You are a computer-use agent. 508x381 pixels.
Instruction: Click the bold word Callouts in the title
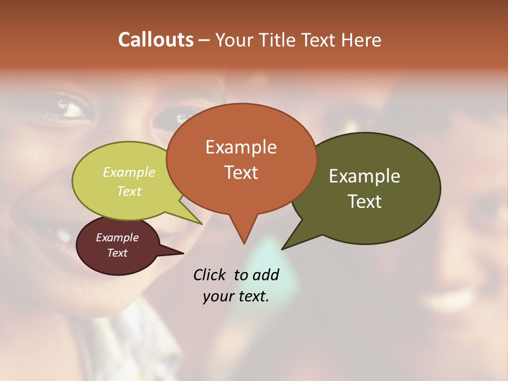tap(156, 40)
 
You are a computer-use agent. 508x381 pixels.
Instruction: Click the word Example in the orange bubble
tap(241, 147)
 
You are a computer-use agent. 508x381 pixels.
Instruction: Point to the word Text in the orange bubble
tap(241, 173)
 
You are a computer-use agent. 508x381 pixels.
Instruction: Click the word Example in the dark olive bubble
tap(365, 176)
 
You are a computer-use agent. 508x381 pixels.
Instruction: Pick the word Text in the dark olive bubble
tap(365, 202)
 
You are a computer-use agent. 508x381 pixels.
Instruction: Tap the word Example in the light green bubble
tap(129, 173)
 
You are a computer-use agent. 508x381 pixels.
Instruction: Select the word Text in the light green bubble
tap(129, 191)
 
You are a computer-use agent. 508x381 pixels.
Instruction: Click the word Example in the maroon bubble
tap(117, 238)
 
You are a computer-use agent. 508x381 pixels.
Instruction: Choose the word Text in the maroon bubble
tap(117, 253)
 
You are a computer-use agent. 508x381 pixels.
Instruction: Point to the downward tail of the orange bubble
tap(244, 235)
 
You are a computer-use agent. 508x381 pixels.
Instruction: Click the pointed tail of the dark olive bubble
tap(289, 244)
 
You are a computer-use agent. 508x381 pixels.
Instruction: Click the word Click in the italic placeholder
tap(209, 275)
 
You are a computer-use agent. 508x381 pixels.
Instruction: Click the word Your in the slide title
tap(234, 40)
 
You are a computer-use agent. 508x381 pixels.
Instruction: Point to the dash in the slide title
tap(205, 40)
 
